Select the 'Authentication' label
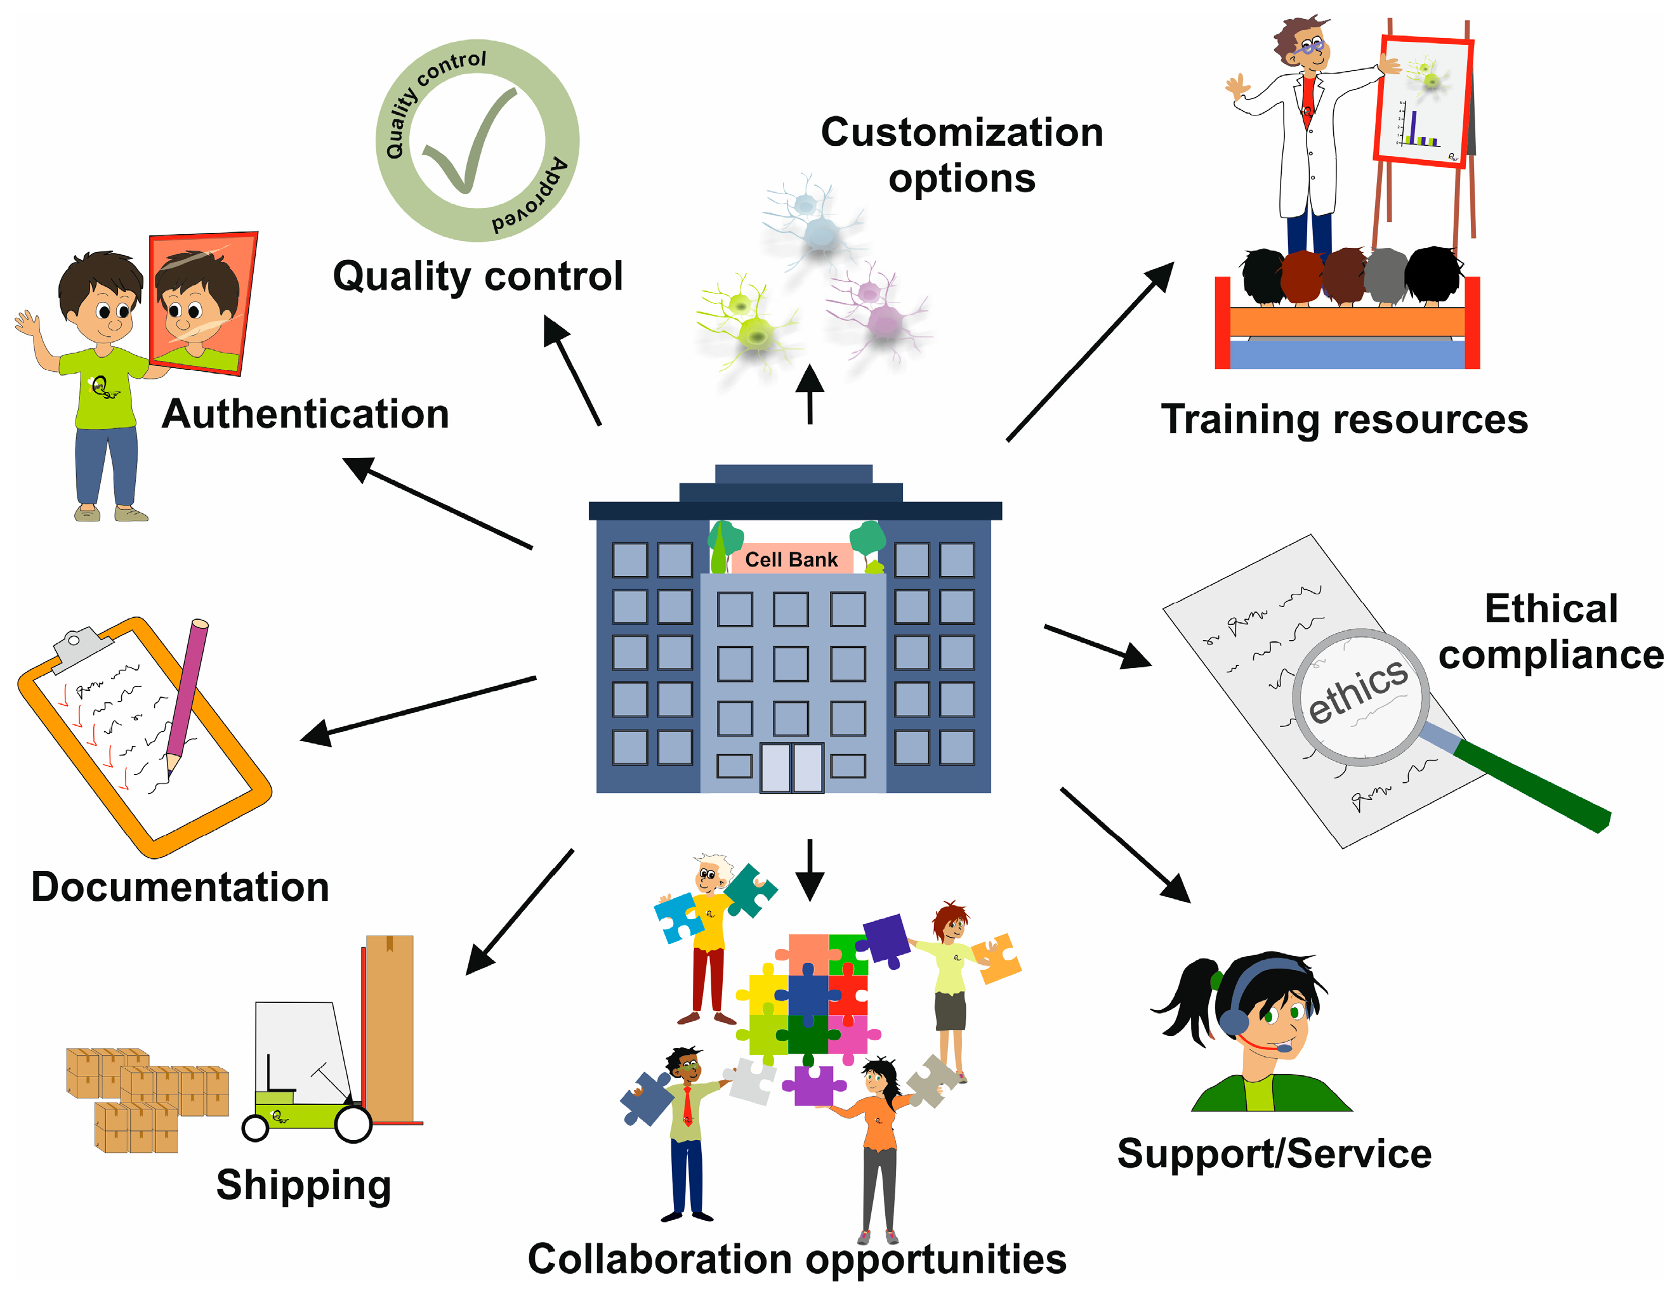pos(305,414)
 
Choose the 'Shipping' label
pos(304,1184)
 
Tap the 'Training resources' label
pos(1344,420)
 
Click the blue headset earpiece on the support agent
pos(1234,1021)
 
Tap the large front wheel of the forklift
pos(353,1124)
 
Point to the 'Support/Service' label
pos(1274,1154)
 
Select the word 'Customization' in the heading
pos(962,132)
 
